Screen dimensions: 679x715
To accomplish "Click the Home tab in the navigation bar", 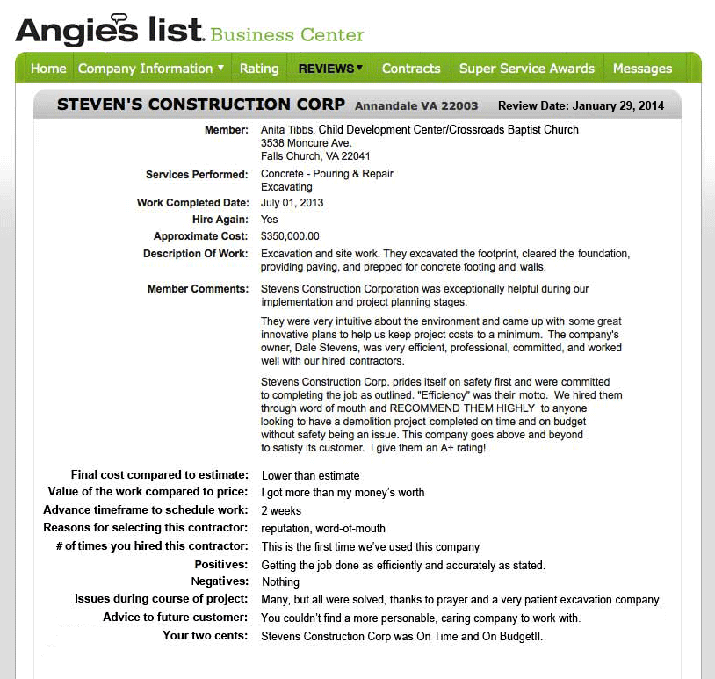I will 48,69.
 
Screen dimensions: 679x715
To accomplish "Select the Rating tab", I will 259,69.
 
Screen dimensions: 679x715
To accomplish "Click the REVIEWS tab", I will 330,69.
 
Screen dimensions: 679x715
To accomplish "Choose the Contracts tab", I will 411,69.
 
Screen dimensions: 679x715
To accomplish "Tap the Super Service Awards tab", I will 527,69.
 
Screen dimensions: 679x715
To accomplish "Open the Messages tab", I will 642,69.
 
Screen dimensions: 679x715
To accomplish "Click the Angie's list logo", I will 110,31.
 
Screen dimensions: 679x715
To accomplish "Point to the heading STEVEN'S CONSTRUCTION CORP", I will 201,105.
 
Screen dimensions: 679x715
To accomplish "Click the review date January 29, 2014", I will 618,106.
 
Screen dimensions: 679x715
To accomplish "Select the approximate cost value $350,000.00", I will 290,236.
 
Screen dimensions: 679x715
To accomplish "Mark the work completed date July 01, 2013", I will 292,203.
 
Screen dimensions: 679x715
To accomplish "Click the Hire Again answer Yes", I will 270,220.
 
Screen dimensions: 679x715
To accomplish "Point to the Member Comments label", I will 198,289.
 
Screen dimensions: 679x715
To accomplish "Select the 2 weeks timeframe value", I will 281,511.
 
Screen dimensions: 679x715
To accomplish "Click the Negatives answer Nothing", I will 281,582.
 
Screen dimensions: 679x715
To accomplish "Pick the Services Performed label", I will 197,175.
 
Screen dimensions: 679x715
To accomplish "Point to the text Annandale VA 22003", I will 416,106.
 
